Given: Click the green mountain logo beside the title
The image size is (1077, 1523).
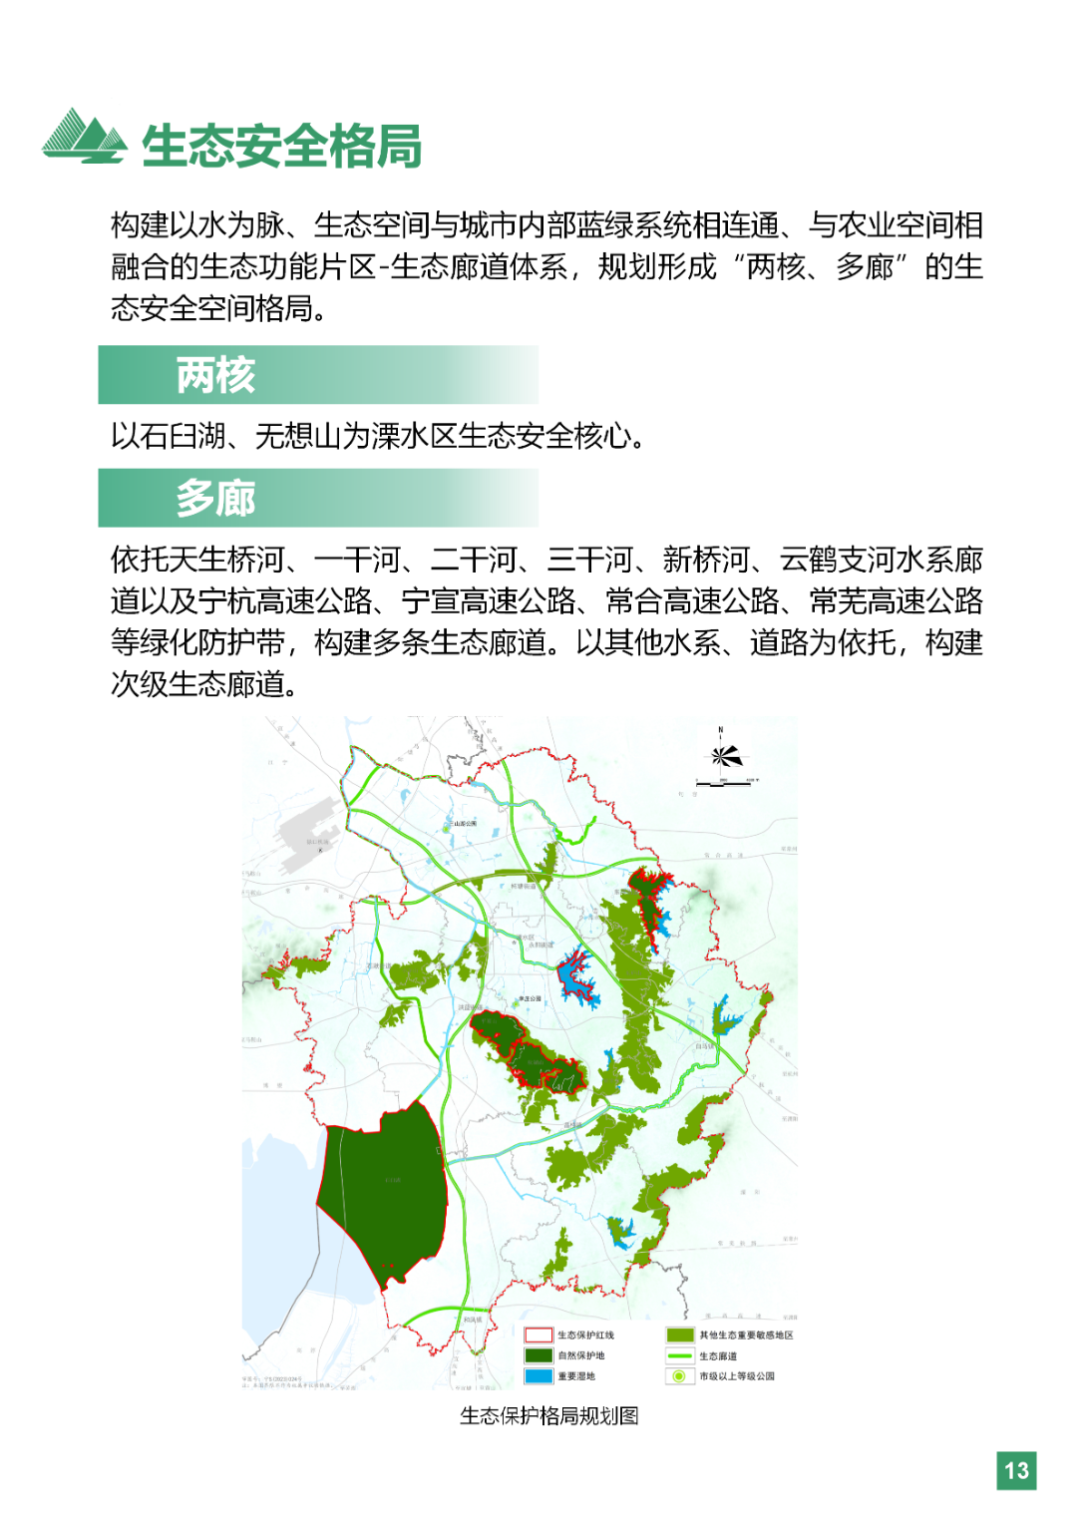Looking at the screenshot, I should click(x=84, y=137).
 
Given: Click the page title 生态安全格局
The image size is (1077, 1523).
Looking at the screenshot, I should click(x=281, y=147).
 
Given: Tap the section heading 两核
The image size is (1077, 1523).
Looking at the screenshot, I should click(x=215, y=375).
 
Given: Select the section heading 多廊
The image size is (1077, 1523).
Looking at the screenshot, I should click(x=215, y=498).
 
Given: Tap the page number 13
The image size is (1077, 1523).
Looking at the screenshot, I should click(x=1016, y=1470).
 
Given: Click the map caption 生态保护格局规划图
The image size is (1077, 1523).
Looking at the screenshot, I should click(x=548, y=1416).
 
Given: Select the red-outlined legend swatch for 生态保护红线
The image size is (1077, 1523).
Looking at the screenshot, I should click(x=538, y=1334).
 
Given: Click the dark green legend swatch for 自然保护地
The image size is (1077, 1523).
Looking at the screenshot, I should click(x=538, y=1355).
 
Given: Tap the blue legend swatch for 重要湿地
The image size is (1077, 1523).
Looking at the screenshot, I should click(x=538, y=1376).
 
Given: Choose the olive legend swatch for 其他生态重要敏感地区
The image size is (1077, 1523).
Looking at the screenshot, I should click(x=680, y=1334).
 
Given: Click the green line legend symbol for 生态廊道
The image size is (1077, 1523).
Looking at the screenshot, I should click(x=680, y=1355).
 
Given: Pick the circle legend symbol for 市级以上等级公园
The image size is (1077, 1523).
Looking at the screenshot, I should click(x=680, y=1376).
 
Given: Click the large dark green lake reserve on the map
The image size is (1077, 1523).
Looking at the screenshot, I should click(x=384, y=1192).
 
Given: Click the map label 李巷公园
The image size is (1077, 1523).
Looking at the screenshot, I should click(x=530, y=998).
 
